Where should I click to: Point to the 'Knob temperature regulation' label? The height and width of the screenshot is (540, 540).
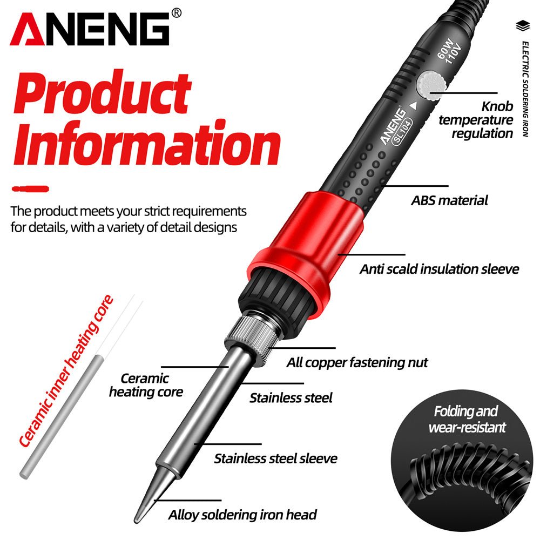(x=475, y=120)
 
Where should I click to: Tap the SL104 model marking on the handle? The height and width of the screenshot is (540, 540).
(x=402, y=131)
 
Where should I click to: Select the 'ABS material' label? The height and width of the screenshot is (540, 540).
(x=449, y=201)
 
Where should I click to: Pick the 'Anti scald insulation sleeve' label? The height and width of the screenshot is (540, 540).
(x=439, y=268)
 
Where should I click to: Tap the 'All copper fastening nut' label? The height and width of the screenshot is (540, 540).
(x=357, y=362)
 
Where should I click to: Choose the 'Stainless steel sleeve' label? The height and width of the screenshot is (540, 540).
(x=275, y=458)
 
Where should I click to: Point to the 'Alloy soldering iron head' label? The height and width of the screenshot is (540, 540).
(x=242, y=515)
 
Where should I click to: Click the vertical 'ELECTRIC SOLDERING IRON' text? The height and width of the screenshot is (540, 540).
(x=525, y=89)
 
